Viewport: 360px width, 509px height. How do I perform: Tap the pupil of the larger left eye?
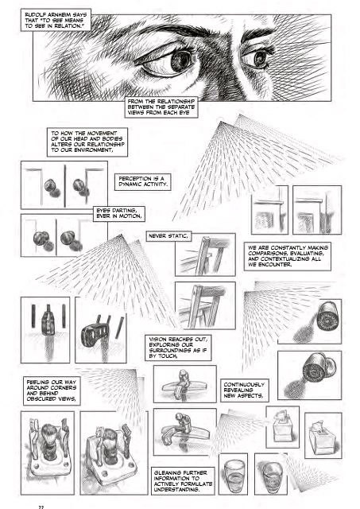coord(179,60)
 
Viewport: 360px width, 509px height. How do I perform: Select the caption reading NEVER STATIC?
coord(168,236)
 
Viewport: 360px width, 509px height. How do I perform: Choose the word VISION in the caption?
coord(158,340)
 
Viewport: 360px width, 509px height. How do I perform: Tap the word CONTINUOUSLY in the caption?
coord(244,385)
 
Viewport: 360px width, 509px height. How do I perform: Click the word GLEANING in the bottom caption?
coord(167,473)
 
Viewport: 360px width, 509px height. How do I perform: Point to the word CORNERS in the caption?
coord(65,388)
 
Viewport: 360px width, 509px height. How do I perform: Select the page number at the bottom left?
coord(41,507)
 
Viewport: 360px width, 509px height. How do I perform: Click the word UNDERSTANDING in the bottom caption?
coord(176,490)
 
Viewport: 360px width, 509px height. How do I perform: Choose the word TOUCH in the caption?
coord(168,356)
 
